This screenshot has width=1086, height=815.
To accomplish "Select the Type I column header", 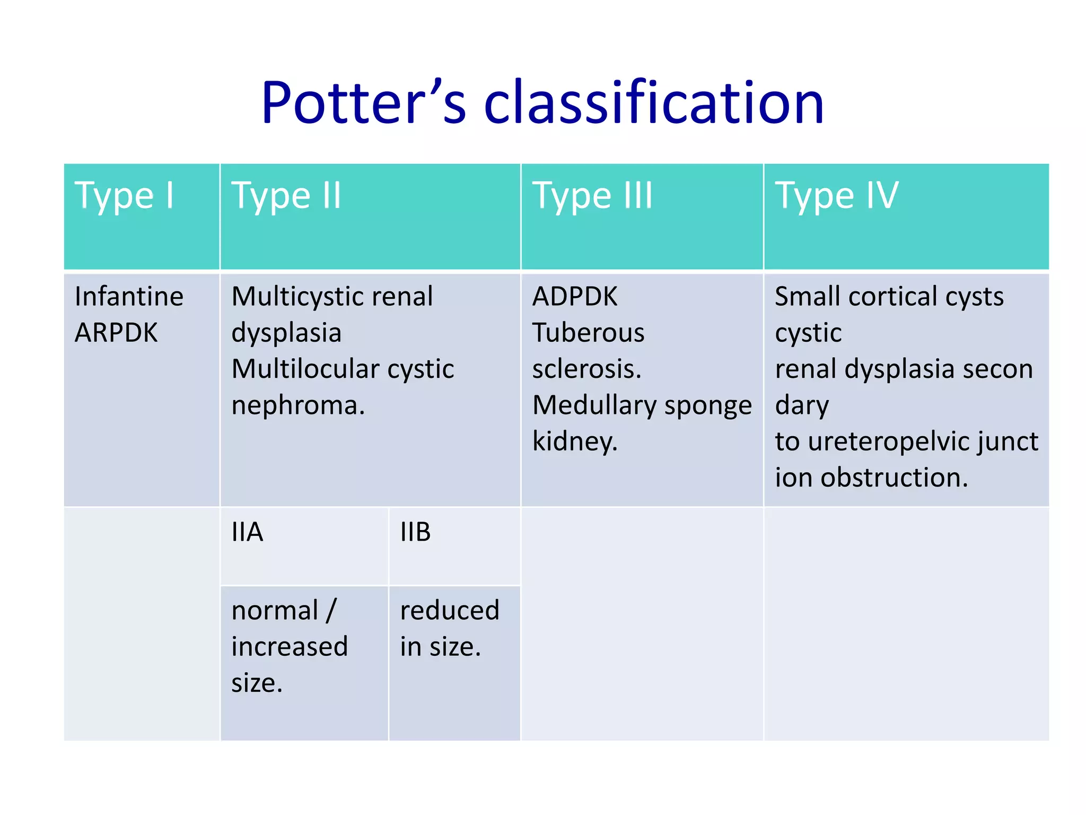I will (x=125, y=196).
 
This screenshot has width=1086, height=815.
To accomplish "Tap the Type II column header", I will (x=286, y=196).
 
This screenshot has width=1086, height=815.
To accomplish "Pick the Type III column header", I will (x=592, y=196).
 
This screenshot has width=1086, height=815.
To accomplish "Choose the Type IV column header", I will (x=837, y=196).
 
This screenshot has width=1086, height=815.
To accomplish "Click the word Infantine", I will (x=129, y=296).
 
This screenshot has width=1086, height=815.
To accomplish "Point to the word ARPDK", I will (x=116, y=333).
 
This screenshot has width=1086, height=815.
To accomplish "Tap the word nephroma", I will (x=298, y=405).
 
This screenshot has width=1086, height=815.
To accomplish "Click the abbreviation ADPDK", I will (x=575, y=296).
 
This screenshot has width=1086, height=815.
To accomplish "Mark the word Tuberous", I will (x=588, y=333).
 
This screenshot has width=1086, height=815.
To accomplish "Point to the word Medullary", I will (x=594, y=405).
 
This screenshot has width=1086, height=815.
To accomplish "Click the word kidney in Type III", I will (x=574, y=441).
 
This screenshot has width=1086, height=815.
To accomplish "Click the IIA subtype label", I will (x=247, y=532).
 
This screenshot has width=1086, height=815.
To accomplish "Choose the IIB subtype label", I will (x=415, y=532).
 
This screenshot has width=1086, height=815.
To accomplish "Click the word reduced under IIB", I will (x=449, y=610).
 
